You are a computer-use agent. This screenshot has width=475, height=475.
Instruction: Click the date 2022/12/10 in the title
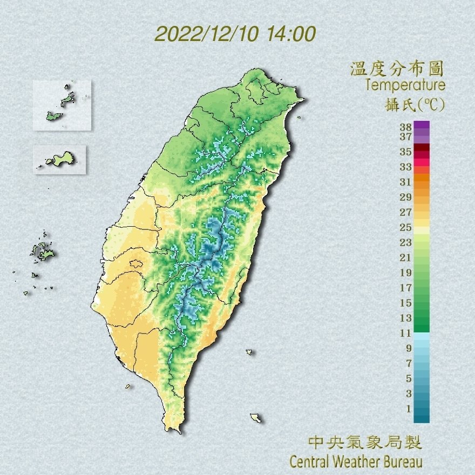pos(207,34)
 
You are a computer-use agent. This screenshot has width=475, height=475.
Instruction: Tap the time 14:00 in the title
pos(290,34)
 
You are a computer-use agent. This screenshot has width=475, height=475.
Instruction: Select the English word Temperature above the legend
pos(405,85)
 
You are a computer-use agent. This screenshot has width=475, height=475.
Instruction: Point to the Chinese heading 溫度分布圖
pos(397,69)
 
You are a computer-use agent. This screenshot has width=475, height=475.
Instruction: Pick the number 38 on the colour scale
pos(406,127)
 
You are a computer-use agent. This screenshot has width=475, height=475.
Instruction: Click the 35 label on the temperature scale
pos(406,152)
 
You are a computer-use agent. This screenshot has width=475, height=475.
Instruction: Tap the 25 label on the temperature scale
pos(406,227)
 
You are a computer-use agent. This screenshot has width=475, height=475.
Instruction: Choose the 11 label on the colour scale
pos(406,333)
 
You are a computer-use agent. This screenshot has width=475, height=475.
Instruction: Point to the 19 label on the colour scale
pos(406,273)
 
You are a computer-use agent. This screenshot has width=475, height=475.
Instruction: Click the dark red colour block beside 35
pos(422,147)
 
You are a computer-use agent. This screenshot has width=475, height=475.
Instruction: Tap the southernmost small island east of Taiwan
pos(256,418)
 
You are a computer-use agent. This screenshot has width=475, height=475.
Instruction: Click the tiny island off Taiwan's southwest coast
pos(128,386)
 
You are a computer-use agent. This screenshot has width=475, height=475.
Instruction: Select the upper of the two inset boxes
pos(62,105)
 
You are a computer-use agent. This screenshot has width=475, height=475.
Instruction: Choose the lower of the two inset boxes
pos(59,159)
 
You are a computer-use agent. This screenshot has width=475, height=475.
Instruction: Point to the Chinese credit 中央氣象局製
pos(365,444)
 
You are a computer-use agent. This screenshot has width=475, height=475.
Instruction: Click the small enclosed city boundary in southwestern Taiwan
pos(135,264)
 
